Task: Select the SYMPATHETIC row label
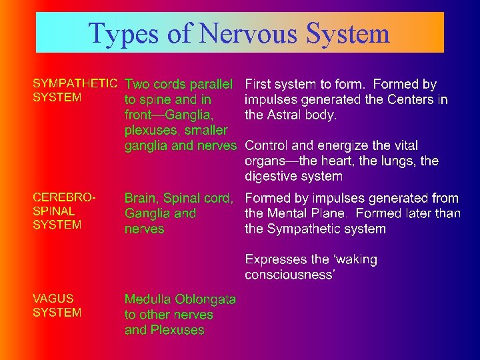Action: tap(75, 84)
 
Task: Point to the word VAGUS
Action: tap(53, 299)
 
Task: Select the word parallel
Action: tap(211, 84)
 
